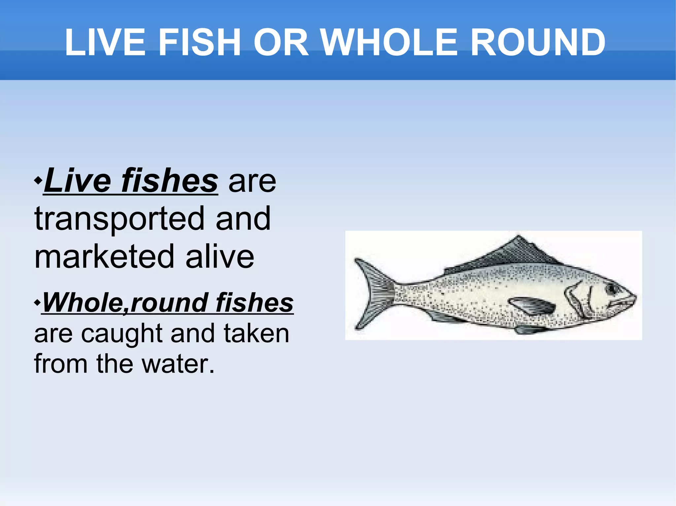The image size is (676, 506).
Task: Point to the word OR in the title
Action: pyautogui.click(x=281, y=43)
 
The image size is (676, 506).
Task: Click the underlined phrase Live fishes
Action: pyautogui.click(x=131, y=181)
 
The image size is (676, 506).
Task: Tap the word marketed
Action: pyautogui.click(x=104, y=257)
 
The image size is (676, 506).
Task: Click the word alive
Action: pyautogui.click(x=220, y=257)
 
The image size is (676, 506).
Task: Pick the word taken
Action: pyautogui.click(x=256, y=333)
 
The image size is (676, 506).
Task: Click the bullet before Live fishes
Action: pyautogui.click(x=38, y=181)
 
